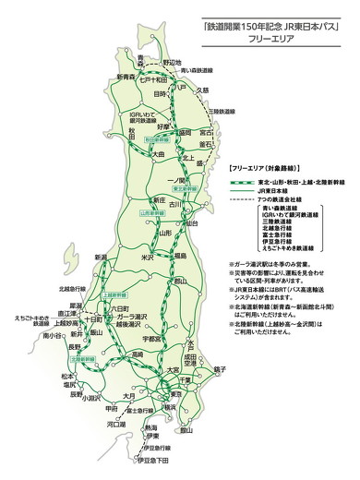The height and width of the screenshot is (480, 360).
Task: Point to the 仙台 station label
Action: tap(192, 223)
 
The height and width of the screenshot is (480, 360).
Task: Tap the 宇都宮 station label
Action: tap(155, 339)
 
